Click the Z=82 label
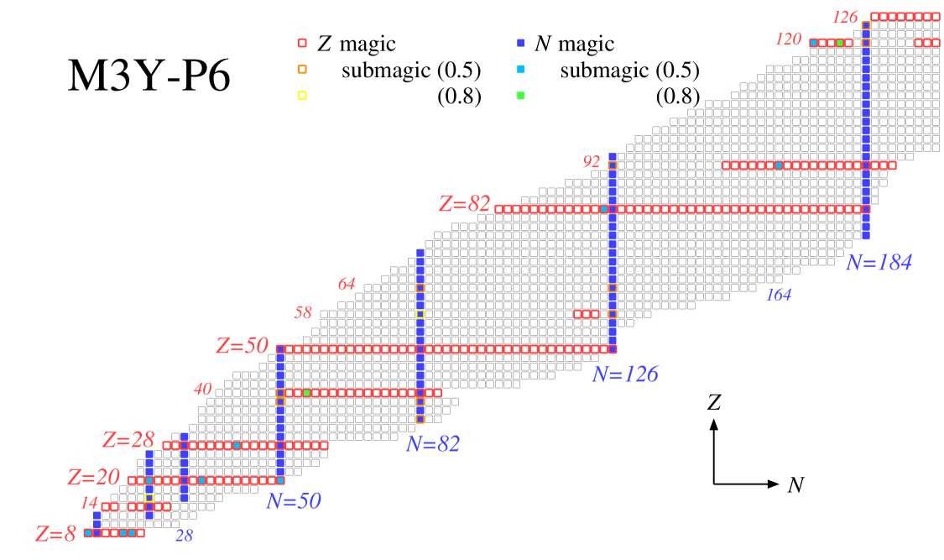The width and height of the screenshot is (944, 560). click(464, 204)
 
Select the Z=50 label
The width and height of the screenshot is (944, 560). click(242, 346)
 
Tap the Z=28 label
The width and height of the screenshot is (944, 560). click(128, 440)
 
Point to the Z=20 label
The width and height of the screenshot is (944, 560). click(93, 477)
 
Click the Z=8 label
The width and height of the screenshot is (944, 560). click(55, 534)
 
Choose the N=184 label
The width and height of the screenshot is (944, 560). click(879, 263)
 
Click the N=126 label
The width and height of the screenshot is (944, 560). click(624, 374)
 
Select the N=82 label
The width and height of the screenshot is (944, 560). click(433, 443)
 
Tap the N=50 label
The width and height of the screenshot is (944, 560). click(294, 501)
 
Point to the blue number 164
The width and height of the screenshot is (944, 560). click(778, 295)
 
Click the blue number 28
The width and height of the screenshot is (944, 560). click(184, 536)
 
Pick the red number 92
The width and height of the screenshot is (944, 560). click(592, 162)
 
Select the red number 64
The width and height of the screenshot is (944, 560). click(346, 285)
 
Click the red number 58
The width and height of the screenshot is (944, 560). click(302, 313)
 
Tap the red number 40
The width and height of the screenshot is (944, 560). click(202, 390)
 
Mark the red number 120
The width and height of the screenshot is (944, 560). click(788, 39)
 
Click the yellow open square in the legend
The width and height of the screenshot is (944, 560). click(302, 96)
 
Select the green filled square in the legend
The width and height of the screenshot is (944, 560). click(520, 96)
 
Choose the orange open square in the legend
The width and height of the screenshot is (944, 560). click(302, 70)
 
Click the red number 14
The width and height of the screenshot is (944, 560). click(89, 503)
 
